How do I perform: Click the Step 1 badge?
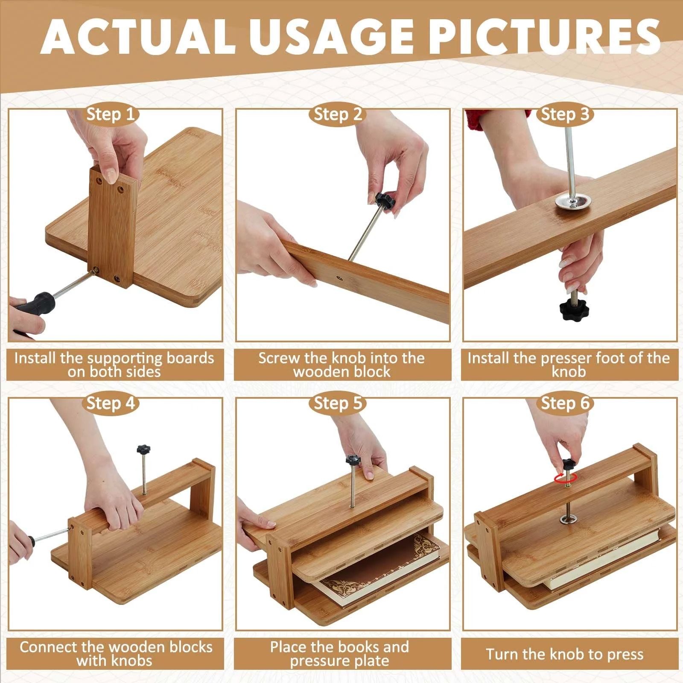[x=111, y=115]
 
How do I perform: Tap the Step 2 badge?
[x=338, y=115]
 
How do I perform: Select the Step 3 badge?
[x=565, y=115]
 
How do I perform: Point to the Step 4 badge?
[x=111, y=404]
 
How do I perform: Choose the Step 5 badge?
[x=338, y=404]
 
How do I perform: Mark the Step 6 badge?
[x=565, y=404]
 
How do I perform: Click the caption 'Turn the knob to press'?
[x=565, y=654]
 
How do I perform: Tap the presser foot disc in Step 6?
[x=569, y=520]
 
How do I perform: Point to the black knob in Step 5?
[x=353, y=460]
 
